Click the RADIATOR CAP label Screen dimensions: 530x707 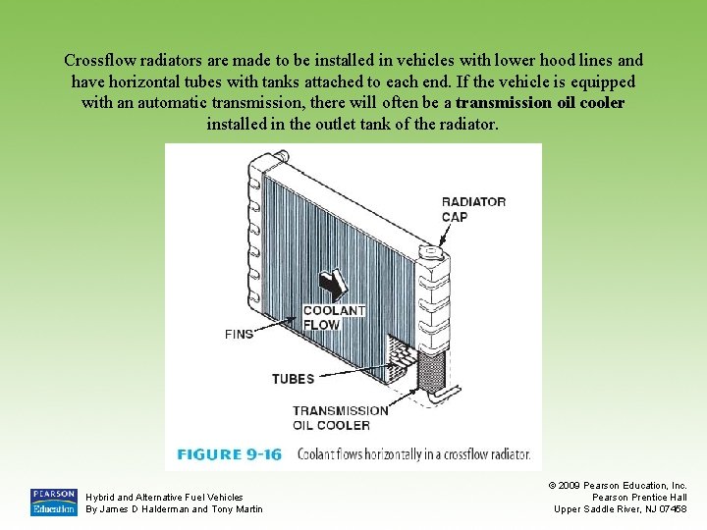[x=473, y=209]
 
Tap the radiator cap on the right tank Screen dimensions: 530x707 [x=431, y=253]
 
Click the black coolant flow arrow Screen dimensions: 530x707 [x=336, y=286]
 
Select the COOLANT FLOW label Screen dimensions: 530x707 [x=334, y=317]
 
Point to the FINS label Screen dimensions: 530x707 [x=239, y=334]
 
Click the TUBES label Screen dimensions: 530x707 [x=293, y=379]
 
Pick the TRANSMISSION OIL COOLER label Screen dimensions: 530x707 [x=340, y=417]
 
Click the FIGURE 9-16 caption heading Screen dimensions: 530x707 [x=229, y=454]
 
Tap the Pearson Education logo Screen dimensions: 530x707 [x=53, y=502]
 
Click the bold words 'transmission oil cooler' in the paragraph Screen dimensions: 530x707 [x=540, y=103]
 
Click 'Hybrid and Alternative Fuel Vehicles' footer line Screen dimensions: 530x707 [x=164, y=498]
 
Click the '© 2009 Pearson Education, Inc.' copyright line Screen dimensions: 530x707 [x=621, y=485]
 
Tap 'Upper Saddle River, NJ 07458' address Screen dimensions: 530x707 [x=621, y=508]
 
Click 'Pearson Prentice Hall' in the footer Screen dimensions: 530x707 [x=638, y=497]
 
